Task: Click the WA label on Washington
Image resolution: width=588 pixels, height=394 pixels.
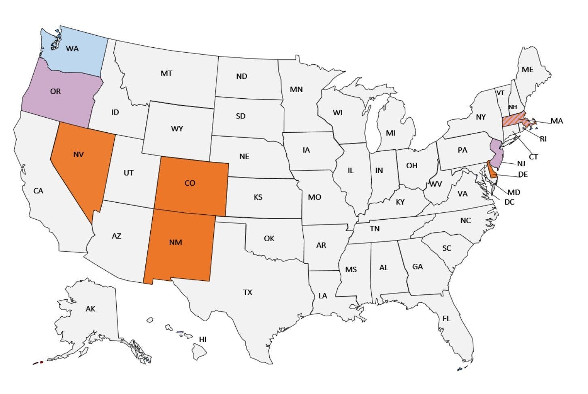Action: click(x=72, y=49)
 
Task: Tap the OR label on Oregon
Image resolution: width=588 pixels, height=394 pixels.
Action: click(x=55, y=91)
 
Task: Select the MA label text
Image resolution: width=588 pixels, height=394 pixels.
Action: click(x=556, y=121)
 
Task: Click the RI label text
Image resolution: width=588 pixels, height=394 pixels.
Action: click(x=543, y=139)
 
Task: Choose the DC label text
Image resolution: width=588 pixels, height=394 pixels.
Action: click(x=509, y=201)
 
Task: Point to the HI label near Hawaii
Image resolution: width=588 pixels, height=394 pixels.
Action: click(x=202, y=339)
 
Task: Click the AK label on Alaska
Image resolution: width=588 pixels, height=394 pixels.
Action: click(x=90, y=309)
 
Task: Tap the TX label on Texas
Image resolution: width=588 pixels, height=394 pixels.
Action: click(x=247, y=292)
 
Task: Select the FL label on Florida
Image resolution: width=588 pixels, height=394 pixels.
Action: click(x=446, y=319)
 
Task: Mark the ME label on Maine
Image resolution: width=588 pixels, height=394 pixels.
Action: click(x=527, y=70)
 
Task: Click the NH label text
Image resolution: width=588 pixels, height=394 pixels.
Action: click(x=513, y=107)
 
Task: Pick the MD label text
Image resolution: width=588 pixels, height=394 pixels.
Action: click(x=514, y=192)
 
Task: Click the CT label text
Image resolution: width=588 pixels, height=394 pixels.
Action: click(x=533, y=157)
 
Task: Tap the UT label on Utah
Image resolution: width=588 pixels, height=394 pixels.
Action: click(x=128, y=173)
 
